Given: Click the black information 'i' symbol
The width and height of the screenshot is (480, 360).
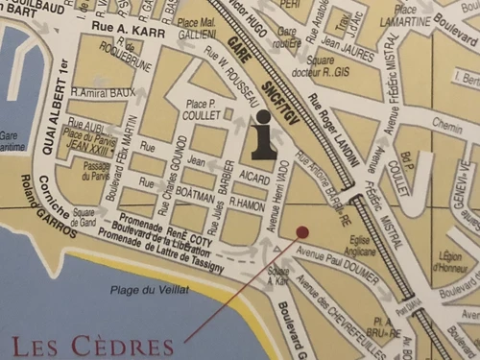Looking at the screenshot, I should (264, 134).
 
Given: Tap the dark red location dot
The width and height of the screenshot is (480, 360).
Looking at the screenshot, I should (302, 232).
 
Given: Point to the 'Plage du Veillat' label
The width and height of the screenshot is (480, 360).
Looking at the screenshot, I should (149, 290).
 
